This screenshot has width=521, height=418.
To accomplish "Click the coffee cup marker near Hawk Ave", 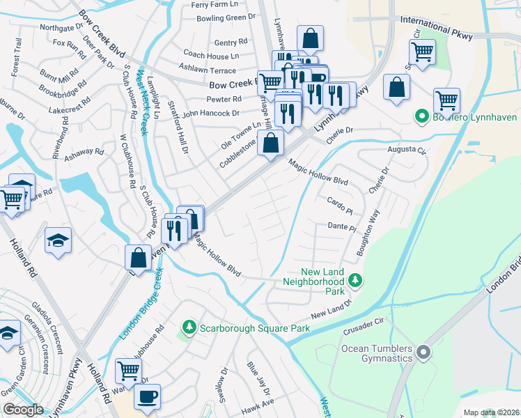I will (147, 397).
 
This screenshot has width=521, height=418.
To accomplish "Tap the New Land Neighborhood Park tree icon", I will (356, 280).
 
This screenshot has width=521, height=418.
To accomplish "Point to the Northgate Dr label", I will (62, 28).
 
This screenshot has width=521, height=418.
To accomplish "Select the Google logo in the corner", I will (23, 409).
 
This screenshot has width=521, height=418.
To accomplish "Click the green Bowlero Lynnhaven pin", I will (421, 116).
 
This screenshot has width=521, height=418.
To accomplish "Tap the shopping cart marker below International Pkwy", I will (422, 51).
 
